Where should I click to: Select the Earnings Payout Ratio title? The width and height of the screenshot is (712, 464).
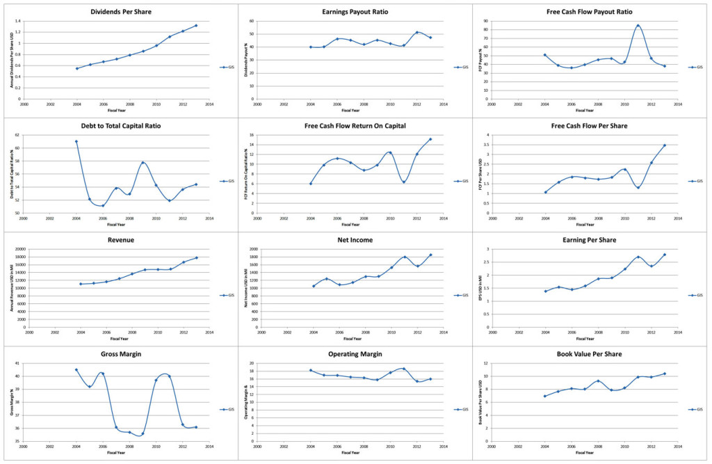pyautogui.click(x=355, y=13)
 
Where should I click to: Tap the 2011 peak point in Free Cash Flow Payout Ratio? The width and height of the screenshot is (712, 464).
pyautogui.click(x=638, y=26)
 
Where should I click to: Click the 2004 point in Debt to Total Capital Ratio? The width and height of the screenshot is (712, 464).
pyautogui.click(x=76, y=141)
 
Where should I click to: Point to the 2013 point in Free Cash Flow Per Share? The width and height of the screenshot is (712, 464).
pyautogui.click(x=664, y=145)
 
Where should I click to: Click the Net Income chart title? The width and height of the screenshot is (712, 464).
pyautogui.click(x=355, y=240)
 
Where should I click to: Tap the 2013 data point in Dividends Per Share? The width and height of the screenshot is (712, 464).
pyautogui.click(x=196, y=26)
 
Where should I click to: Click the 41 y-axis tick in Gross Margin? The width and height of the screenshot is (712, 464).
pyautogui.click(x=21, y=363)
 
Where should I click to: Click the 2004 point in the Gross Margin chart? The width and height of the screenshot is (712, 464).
pyautogui.click(x=76, y=370)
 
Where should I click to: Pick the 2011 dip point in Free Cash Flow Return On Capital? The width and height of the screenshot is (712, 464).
pyautogui.click(x=404, y=182)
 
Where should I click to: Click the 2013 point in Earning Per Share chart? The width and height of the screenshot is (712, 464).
pyautogui.click(x=664, y=255)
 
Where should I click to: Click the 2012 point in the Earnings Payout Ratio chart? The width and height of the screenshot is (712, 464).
pyautogui.click(x=417, y=32)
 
